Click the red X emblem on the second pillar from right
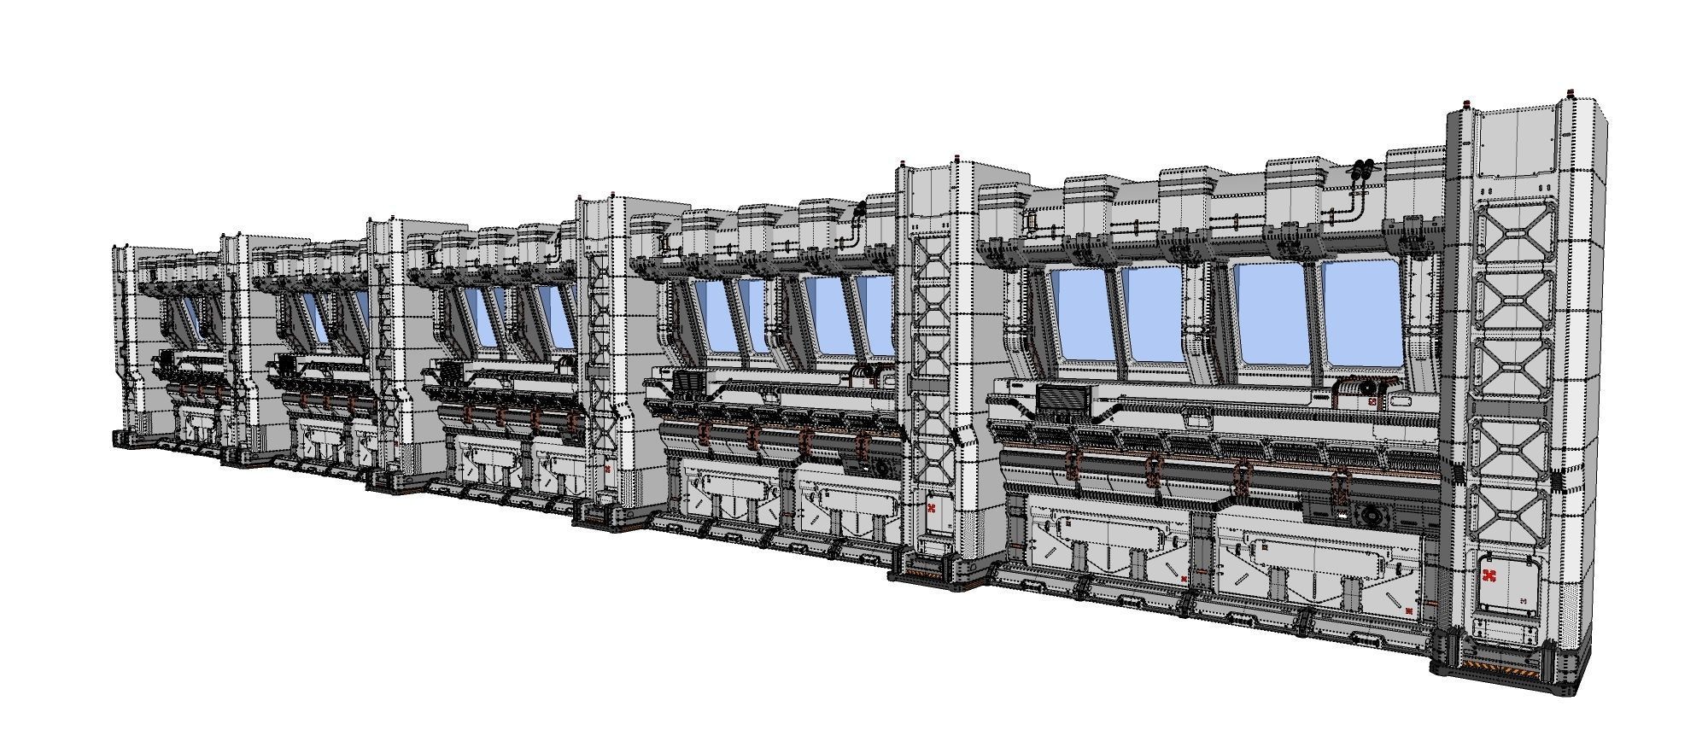(x=932, y=509)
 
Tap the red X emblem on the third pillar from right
(x=607, y=470)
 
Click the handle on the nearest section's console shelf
(x=1197, y=421)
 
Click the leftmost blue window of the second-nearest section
(x=711, y=316)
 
